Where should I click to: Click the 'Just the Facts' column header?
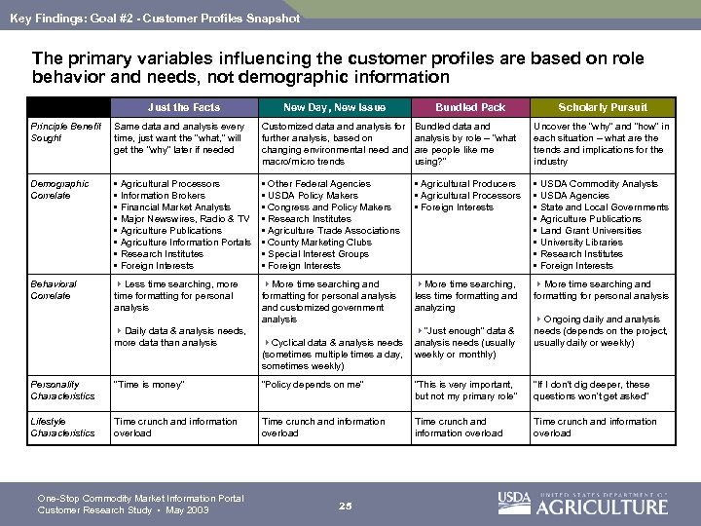pos(184,107)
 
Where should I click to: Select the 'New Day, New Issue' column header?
pos(334,107)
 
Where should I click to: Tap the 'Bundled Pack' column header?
pos(470,107)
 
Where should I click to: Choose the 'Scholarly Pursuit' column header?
pos(603,107)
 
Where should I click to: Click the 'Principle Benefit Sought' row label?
pos(65,132)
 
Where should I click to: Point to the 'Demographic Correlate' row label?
pos(60,189)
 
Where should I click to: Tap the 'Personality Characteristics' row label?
pos(62,390)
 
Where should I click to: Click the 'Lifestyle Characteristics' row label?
pos(62,427)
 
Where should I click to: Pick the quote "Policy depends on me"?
pos(312,385)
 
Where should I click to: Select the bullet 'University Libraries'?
pos(581,242)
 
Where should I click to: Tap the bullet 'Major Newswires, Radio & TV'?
pos(185,218)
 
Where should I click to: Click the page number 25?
pos(345,505)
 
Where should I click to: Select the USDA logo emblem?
pos(514,502)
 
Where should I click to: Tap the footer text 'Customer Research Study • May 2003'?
pos(119,510)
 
